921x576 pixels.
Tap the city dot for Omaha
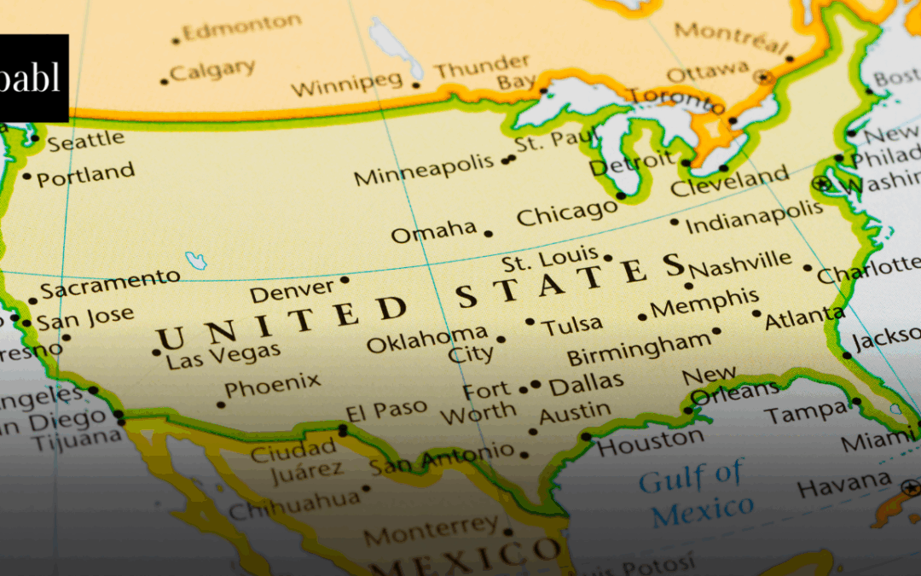tap(489, 233)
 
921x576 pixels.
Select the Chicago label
tap(566, 213)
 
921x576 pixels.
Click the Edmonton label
tap(242, 28)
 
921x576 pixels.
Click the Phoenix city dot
tap(222, 404)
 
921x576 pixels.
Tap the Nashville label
tap(740, 265)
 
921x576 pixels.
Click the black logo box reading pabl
tap(33, 78)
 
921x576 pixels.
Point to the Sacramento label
tap(110, 284)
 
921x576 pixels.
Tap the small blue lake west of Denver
tap(197, 260)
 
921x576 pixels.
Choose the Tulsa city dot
tap(530, 322)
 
